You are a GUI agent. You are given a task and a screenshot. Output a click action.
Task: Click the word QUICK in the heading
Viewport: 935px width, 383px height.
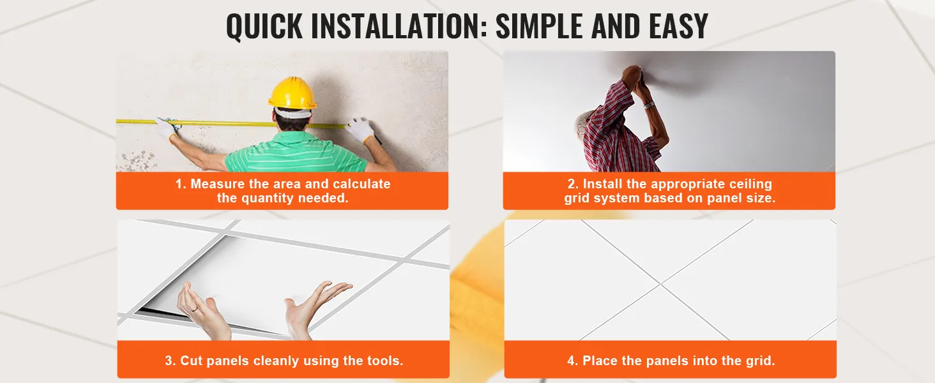(x=264, y=27)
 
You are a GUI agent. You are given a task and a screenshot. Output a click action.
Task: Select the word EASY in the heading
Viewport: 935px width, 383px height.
(x=678, y=26)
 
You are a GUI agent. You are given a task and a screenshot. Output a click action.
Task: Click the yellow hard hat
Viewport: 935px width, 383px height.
(x=293, y=93)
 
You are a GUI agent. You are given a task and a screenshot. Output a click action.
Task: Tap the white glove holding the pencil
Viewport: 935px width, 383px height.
(x=360, y=130)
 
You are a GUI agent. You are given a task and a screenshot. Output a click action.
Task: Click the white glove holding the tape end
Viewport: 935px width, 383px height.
(x=167, y=128)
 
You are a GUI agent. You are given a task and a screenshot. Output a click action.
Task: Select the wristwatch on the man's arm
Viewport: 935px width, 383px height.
(x=649, y=105)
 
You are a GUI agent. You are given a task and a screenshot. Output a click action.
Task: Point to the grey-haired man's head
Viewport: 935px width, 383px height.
(x=582, y=124)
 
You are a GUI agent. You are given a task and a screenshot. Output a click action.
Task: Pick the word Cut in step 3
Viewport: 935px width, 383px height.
(x=191, y=361)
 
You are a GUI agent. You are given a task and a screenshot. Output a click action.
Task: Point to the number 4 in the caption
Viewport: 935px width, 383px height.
(x=572, y=361)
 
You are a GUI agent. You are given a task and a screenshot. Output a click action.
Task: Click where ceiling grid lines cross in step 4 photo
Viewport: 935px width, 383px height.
(x=660, y=284)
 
